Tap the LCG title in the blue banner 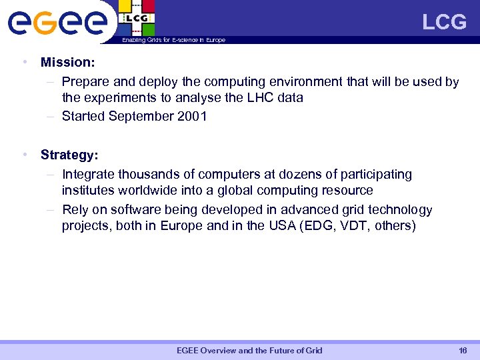444,22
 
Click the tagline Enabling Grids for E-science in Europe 173,40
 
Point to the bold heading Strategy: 69,155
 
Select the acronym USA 281,225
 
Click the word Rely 75,210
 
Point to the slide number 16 463,351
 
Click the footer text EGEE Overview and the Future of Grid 249,351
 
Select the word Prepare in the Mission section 85,81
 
